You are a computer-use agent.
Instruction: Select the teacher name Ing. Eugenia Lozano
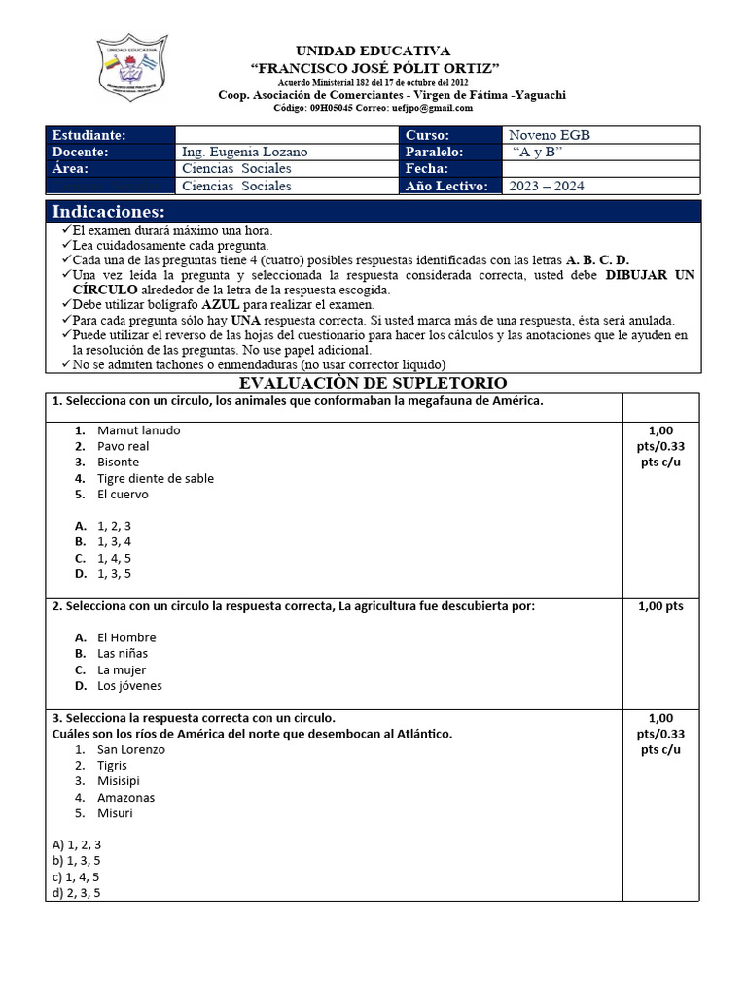pyautogui.click(x=244, y=152)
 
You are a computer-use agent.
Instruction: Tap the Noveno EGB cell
pyautogui.click(x=550, y=135)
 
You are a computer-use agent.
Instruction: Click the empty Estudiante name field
pyautogui.click(x=286, y=135)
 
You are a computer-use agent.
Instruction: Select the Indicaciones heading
pyautogui.click(x=108, y=212)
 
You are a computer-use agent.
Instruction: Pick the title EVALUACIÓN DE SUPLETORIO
pyautogui.click(x=373, y=383)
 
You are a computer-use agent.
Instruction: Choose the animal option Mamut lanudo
pyautogui.click(x=138, y=430)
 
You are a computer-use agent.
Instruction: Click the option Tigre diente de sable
pyautogui.click(x=156, y=478)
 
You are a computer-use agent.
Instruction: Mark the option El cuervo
pyautogui.click(x=123, y=494)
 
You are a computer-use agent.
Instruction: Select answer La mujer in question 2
pyautogui.click(x=122, y=669)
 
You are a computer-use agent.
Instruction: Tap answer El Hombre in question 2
pyautogui.click(x=126, y=637)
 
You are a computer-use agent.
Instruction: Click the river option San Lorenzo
pyautogui.click(x=131, y=749)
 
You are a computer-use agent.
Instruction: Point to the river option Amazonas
pyautogui.click(x=125, y=797)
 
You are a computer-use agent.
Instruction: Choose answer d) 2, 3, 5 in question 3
pyautogui.click(x=77, y=892)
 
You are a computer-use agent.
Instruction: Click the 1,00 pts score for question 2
pyautogui.click(x=660, y=606)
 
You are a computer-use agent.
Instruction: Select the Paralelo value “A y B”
pyautogui.click(x=537, y=152)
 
